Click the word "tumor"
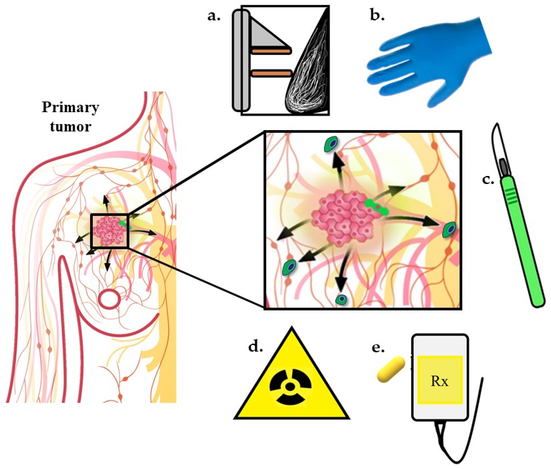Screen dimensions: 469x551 [x=70, y=127]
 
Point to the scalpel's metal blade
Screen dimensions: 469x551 [x=497, y=144]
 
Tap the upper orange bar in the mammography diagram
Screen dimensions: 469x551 [x=271, y=51]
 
